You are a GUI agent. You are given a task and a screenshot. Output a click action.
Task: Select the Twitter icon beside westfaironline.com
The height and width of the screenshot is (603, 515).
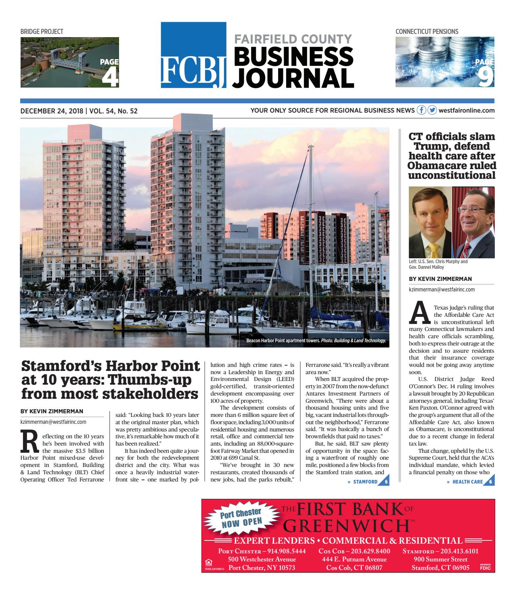click(x=432, y=110)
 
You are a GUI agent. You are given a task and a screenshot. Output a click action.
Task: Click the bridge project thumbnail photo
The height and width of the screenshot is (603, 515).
click(x=70, y=62)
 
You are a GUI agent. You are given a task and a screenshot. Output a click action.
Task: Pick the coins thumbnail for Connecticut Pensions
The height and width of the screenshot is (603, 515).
click(x=444, y=62)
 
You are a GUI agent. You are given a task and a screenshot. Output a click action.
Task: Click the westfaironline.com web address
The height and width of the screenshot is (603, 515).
click(x=466, y=110)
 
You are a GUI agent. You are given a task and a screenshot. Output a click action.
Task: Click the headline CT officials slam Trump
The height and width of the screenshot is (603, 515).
click(x=452, y=155)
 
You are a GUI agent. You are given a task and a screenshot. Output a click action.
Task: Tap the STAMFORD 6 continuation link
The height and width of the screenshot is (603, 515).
click(x=369, y=482)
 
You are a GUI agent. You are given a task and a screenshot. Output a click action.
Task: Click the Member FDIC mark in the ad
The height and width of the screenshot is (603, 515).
click(x=485, y=566)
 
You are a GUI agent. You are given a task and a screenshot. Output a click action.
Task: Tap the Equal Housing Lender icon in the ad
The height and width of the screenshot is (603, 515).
click(x=209, y=562)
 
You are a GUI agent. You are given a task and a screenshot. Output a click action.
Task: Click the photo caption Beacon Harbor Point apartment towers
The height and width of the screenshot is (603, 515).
click(x=316, y=341)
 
